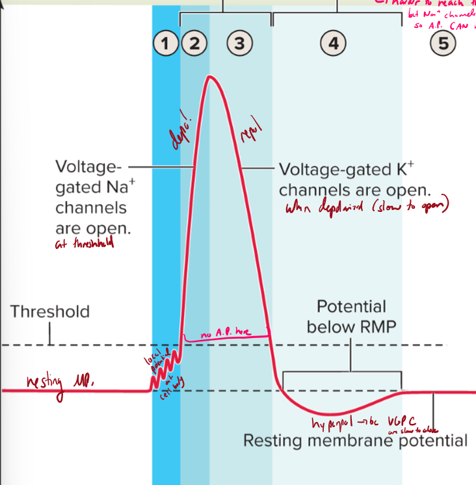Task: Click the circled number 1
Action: (166, 44)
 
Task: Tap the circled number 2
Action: (194, 44)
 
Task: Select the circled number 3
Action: (239, 44)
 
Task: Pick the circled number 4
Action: (333, 44)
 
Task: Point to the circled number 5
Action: (443, 44)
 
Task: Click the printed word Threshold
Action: (49, 311)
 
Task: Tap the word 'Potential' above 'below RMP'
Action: (351, 306)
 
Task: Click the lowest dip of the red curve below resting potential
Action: (332, 413)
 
